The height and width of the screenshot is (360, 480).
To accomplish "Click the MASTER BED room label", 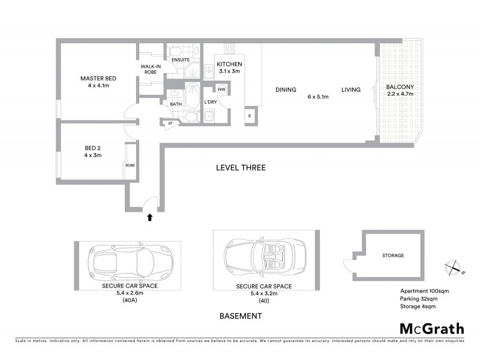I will tap(98, 79).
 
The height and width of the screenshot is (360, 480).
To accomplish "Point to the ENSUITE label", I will tap(180, 60).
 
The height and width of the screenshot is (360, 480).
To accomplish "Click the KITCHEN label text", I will tap(229, 64).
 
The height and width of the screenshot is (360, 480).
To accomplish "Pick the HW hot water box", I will tap(221, 90).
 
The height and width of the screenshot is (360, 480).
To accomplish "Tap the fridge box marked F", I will tap(250, 115).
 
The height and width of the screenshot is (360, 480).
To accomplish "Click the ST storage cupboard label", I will tap(170, 124).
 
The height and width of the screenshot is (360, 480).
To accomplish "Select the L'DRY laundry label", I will tap(210, 102).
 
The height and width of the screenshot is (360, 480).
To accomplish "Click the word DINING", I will tap(286, 90).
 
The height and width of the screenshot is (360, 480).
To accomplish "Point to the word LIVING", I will tap(351, 90).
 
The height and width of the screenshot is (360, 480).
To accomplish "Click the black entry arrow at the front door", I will tap(149, 218).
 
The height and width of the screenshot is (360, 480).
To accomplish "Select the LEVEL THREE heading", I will tap(241, 167).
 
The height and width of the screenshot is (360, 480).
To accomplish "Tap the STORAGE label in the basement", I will tap(393, 256).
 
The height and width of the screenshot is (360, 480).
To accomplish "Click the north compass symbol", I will tap(453, 269).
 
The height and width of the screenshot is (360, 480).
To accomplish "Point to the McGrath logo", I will tap(432, 328).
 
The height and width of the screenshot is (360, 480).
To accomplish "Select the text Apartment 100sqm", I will tap(424, 291).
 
